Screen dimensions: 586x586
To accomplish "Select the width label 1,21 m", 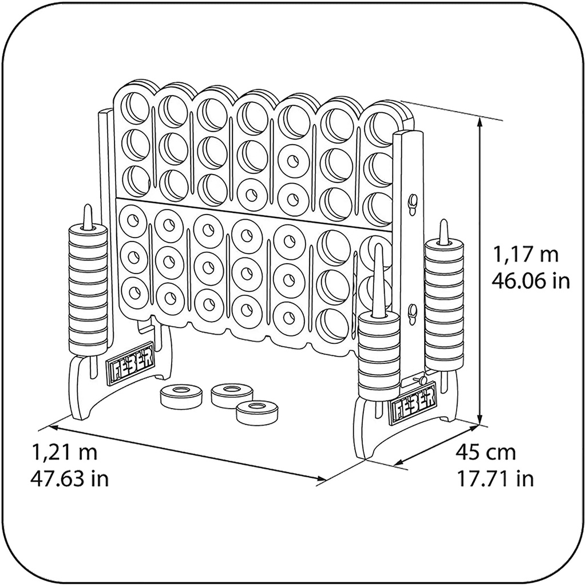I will click(65, 452).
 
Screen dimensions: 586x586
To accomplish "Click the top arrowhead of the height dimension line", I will click(480, 118).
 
